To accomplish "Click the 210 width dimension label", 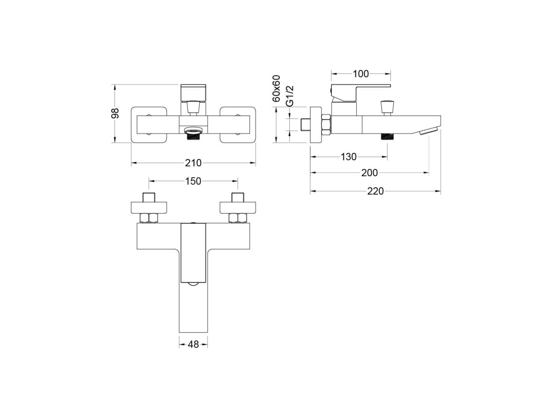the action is pyautogui.click(x=193, y=163).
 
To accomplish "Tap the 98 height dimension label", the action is pyautogui.click(x=115, y=113).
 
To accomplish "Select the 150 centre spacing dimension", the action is pyautogui.click(x=193, y=181).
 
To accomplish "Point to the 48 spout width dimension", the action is pyautogui.click(x=193, y=344).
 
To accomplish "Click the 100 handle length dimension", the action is pyautogui.click(x=361, y=74).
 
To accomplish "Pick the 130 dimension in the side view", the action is pyautogui.click(x=349, y=157).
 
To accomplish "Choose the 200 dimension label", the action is pyautogui.click(x=369, y=172).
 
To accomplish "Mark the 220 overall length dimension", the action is pyautogui.click(x=376, y=191).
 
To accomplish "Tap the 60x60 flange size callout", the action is pyautogui.click(x=276, y=88).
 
